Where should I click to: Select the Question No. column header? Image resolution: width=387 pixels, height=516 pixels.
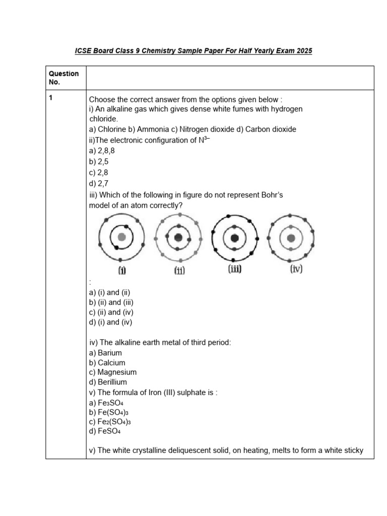pyautogui.click(x=63, y=78)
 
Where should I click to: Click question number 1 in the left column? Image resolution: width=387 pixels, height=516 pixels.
pyautogui.click(x=51, y=99)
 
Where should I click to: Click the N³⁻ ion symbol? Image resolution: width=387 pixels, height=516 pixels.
pyautogui.click(x=203, y=140)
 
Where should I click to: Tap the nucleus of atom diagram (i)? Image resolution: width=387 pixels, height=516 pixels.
pyautogui.click(x=121, y=237)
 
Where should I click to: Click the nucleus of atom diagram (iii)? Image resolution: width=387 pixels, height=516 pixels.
pyautogui.click(x=234, y=237)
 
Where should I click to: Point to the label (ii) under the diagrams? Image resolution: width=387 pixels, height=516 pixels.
pyautogui.click(x=179, y=271)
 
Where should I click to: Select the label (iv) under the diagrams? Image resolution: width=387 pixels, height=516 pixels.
pyautogui.click(x=296, y=270)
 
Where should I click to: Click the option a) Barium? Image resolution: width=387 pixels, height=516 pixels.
pyautogui.click(x=105, y=353)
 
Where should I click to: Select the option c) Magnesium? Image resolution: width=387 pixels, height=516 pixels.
pyautogui.click(x=112, y=372)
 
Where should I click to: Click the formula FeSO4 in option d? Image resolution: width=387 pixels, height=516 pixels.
pyautogui.click(x=109, y=432)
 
